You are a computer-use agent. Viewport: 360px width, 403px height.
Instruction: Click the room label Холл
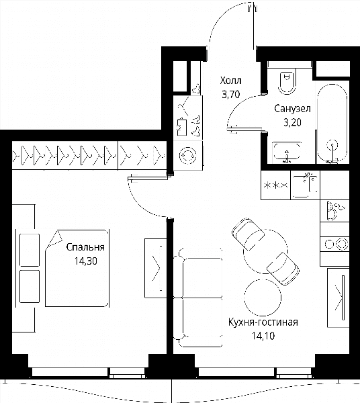pyautogui.click(x=230, y=81)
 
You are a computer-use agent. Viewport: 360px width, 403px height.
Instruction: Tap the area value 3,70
pyautogui.click(x=230, y=95)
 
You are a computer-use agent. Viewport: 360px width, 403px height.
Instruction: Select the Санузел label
pyautogui.click(x=292, y=109)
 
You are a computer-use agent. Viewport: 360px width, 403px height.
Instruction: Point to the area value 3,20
pyautogui.click(x=292, y=123)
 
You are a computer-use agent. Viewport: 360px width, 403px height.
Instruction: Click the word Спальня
pyautogui.click(x=85, y=247)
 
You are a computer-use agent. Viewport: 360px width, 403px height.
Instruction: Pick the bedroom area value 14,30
pyautogui.click(x=86, y=261)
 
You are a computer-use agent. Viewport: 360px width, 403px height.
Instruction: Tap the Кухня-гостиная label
pyautogui.click(x=263, y=322)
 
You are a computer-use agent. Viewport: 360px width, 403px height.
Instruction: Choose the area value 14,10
pyautogui.click(x=263, y=336)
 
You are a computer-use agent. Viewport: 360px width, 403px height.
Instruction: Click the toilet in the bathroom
pyautogui.click(x=287, y=82)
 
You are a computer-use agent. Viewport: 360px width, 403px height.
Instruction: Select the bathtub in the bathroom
pyautogui.click(x=332, y=124)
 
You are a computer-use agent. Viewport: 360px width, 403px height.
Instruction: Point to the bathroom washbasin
pyautogui.click(x=287, y=152)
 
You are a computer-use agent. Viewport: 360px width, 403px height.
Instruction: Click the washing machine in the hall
pyautogui.click(x=188, y=156)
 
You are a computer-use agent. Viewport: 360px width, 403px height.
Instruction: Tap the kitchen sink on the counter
pyautogui.click(x=305, y=185)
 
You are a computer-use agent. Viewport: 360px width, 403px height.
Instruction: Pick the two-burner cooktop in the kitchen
pyautogui.click(x=334, y=244)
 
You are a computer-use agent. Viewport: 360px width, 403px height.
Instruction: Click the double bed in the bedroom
pyautogui.click(x=77, y=268)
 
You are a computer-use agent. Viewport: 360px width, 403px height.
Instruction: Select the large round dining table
pyautogui.click(x=265, y=252)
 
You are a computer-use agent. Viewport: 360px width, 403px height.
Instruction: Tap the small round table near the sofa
pyautogui.click(x=263, y=297)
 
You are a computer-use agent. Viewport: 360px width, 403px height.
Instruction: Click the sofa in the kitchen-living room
pyautogui.click(x=197, y=298)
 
